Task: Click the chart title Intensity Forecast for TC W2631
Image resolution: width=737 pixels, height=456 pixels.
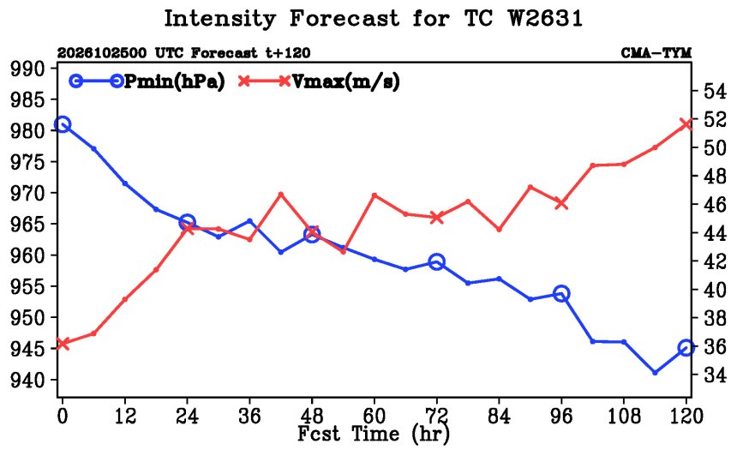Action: (373, 19)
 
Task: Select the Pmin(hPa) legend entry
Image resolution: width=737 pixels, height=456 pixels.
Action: (147, 81)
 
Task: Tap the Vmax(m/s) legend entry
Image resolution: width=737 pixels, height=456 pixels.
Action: (320, 81)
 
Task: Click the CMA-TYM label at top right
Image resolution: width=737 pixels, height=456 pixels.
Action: (656, 53)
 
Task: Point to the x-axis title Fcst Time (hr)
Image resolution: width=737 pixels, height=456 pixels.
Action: (374, 434)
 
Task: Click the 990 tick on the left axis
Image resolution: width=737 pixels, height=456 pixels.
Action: (33, 69)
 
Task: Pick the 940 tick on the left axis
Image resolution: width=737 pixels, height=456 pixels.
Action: (33, 380)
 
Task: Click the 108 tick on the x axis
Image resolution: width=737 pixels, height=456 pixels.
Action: (624, 416)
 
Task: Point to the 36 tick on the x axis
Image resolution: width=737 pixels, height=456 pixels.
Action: (249, 416)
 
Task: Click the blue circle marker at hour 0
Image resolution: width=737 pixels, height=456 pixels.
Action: (63, 124)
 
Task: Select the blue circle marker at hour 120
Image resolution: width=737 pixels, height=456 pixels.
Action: (686, 348)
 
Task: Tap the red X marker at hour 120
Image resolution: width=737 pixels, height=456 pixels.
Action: (686, 124)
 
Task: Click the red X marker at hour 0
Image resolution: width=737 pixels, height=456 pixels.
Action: (62, 344)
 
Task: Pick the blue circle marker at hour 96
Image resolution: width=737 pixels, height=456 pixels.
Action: (561, 294)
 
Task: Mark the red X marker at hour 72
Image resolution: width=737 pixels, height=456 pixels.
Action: (437, 218)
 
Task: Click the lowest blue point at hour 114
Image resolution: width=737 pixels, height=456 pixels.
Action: (655, 372)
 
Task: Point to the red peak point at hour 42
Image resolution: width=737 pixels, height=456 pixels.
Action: (280, 195)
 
